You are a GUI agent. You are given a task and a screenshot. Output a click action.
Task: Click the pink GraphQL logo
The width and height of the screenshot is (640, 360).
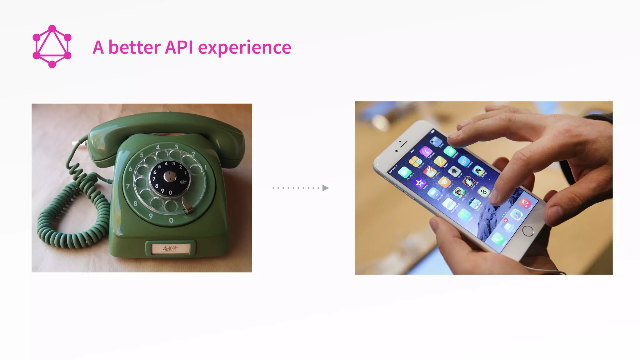click(52, 46)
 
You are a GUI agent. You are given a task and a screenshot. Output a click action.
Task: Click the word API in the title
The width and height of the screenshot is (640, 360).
click(178, 47)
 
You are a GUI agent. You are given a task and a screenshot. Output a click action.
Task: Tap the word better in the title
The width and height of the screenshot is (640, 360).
click(134, 47)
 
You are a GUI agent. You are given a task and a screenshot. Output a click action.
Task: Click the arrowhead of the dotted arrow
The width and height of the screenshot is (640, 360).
click(325, 188)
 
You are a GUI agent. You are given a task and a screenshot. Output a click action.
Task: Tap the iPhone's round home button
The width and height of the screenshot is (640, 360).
click(528, 231)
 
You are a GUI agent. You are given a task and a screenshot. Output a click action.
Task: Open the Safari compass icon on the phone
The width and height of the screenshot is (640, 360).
click(517, 215)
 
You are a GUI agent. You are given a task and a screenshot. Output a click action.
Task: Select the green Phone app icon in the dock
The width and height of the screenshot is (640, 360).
click(497, 239)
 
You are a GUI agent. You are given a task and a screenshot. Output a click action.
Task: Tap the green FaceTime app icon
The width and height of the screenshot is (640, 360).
click(404, 172)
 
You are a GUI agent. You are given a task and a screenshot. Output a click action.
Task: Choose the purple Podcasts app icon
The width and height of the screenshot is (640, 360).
click(426, 152)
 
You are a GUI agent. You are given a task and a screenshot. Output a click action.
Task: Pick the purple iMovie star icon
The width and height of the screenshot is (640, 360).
click(419, 182)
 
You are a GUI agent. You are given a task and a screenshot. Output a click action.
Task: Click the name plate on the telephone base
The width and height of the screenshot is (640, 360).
click(171, 248)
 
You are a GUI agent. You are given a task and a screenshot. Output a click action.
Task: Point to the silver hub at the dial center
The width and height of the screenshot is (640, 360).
click(170, 177)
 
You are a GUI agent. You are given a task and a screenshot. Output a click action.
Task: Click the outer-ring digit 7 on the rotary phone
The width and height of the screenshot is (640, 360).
click(127, 187)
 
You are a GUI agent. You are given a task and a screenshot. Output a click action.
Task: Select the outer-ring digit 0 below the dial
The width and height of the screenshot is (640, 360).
click(171, 220)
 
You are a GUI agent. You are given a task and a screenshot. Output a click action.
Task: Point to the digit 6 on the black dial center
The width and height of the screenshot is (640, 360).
click(155, 172)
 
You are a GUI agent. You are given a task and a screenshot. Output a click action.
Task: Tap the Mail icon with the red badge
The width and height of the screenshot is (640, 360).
click(507, 226)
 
